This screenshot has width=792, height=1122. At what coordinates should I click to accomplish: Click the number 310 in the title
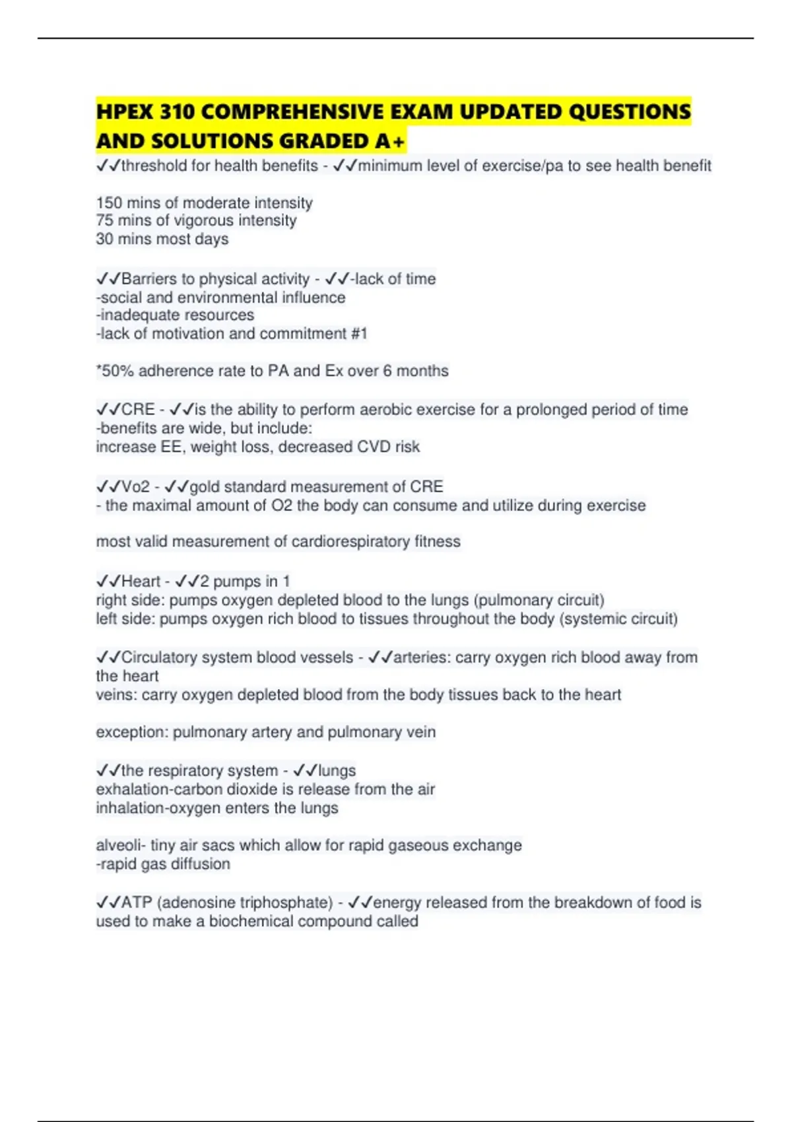[x=177, y=112]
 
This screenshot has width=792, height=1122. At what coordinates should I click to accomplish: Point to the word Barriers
[x=150, y=279]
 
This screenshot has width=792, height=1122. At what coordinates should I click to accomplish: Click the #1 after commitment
[x=359, y=334]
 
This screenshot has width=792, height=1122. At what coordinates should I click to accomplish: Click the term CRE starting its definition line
[x=138, y=410]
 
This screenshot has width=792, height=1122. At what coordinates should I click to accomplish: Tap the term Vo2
[x=136, y=487]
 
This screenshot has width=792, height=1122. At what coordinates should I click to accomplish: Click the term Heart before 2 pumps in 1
[x=141, y=581]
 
